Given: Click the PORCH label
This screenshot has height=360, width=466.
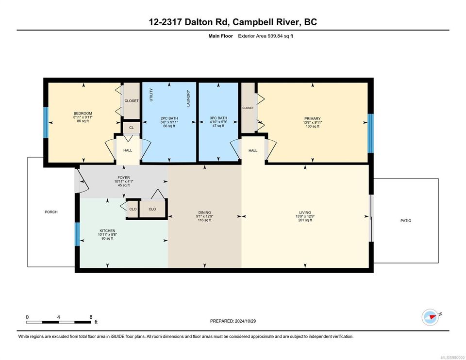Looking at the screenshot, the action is pos(51,212).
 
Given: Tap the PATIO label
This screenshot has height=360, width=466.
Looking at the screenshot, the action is pos(406,221).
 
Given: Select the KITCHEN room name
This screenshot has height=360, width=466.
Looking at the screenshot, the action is pos(107,231).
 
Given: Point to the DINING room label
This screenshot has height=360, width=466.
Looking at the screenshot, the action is pos(204,213).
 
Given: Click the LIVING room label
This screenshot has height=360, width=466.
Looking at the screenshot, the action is pos(305,213).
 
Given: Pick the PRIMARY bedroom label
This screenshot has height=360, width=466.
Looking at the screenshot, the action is pos(312,118).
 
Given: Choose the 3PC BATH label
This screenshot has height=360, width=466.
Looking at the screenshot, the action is pos(218,118).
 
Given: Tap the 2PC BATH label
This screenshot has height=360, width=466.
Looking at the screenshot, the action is pos(169,118).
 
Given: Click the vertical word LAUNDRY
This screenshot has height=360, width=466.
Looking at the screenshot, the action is pos(188,98).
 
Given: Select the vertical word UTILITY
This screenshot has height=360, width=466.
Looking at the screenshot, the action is pos(151,95).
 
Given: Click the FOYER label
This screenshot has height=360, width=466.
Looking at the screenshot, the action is pos(124,178).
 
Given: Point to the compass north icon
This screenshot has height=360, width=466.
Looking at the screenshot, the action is pos(431,317).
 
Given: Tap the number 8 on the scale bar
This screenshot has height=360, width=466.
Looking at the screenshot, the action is pos(91,317).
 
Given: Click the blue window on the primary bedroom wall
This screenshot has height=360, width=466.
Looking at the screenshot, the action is pos(370,133).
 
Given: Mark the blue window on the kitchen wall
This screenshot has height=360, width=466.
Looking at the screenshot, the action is pos(77,234).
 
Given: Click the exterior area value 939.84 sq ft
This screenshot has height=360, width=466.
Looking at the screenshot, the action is pos(281,36).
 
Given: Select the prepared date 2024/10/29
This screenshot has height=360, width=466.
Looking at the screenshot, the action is pos(245,321).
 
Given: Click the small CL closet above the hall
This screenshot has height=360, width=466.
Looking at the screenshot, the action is pos(132,128).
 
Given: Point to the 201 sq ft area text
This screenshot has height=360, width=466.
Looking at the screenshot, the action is pos(305,220).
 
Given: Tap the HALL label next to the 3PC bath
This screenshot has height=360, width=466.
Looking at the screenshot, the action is pos(253,150).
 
